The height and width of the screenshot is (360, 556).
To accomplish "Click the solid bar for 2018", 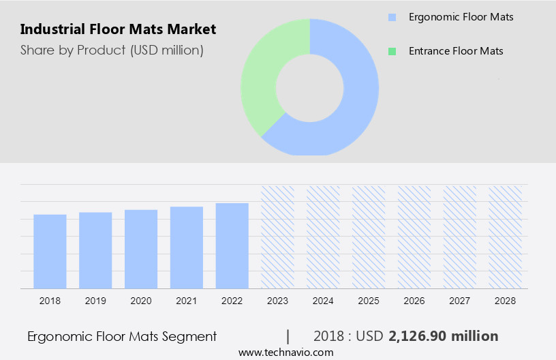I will pyautogui.click(x=50, y=251).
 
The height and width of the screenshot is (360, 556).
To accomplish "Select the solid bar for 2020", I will pyautogui.click(x=141, y=249).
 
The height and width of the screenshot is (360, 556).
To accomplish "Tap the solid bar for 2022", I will pyautogui.click(x=232, y=245).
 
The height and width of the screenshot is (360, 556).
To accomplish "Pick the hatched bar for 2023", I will pyautogui.click(x=277, y=237).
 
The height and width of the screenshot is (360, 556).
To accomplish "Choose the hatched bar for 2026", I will pyautogui.click(x=414, y=237).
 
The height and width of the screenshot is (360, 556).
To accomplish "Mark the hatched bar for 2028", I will pyautogui.click(x=505, y=237).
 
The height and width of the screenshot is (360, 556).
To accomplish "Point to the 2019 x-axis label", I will pyautogui.click(x=95, y=301).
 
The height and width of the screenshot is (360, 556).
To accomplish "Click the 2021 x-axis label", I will pyautogui.click(x=187, y=301).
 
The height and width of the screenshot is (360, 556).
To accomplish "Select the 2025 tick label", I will pyautogui.click(x=369, y=301).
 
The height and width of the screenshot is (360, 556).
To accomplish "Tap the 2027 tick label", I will pyautogui.click(x=460, y=301).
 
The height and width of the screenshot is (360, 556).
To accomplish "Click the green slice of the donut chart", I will pyautogui.click(x=262, y=75).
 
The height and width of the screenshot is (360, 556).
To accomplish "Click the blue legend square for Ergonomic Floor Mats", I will pyautogui.click(x=391, y=17).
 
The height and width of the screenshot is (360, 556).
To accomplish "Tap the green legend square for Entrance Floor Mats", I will pyautogui.click(x=391, y=51).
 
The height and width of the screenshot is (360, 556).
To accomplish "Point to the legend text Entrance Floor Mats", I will pyautogui.click(x=456, y=51).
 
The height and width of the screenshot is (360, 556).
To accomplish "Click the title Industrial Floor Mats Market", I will pyautogui.click(x=118, y=29).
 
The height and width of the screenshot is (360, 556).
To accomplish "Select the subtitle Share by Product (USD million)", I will pyautogui.click(x=112, y=50).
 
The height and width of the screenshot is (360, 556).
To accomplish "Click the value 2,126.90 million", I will pyautogui.click(x=444, y=336).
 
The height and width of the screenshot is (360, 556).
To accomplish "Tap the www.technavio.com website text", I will pyautogui.click(x=285, y=352).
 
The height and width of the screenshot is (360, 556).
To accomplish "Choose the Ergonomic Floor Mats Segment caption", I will pyautogui.click(x=122, y=336).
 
